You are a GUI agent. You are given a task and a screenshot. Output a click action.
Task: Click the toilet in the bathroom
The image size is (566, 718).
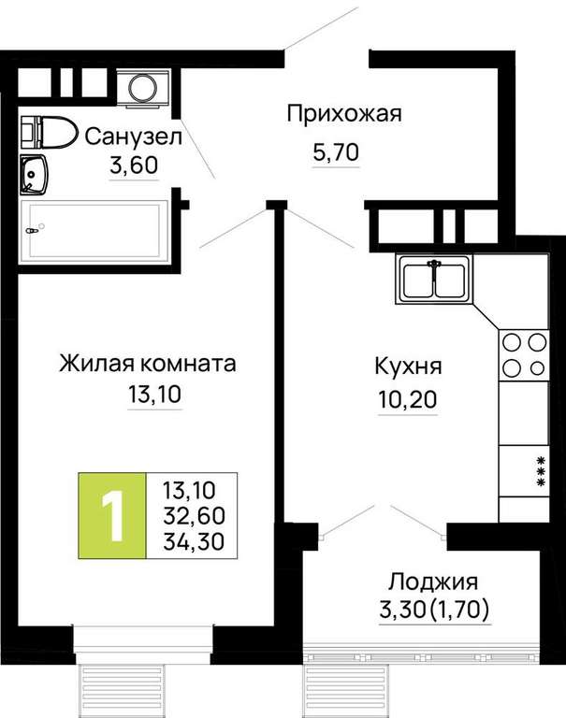[48, 133]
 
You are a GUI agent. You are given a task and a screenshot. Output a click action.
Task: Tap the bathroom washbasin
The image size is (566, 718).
[34, 175]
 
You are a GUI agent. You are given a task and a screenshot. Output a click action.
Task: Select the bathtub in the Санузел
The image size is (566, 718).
[94, 231]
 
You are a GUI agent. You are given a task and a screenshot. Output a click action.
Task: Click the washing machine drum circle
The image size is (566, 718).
[143, 87]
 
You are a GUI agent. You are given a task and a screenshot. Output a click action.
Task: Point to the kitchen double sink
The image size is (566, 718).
[434, 279]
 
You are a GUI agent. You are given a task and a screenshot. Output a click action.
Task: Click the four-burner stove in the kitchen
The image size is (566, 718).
[524, 355]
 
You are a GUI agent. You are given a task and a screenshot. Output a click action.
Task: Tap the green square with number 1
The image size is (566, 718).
[112, 516]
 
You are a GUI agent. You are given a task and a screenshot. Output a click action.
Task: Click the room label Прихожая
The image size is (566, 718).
[344, 113]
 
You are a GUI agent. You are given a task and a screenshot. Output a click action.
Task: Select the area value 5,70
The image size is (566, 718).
[336, 152]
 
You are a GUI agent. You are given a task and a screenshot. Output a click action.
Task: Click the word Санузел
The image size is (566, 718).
[134, 136]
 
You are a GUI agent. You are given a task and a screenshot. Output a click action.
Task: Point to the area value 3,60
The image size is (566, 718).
[134, 165]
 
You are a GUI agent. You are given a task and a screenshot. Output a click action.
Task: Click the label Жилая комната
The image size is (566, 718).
[148, 364]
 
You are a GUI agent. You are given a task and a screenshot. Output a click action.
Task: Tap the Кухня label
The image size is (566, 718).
[408, 366]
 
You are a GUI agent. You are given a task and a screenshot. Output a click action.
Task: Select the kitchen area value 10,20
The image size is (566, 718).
[408, 400]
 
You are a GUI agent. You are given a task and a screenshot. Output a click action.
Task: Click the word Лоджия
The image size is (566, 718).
[433, 582]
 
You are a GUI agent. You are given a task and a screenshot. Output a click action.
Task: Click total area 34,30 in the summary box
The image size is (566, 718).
[194, 541]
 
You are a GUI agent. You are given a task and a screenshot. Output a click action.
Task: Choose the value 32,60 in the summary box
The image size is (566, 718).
[194, 516]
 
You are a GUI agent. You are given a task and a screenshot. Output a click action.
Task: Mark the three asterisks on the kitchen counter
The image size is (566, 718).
[542, 471]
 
